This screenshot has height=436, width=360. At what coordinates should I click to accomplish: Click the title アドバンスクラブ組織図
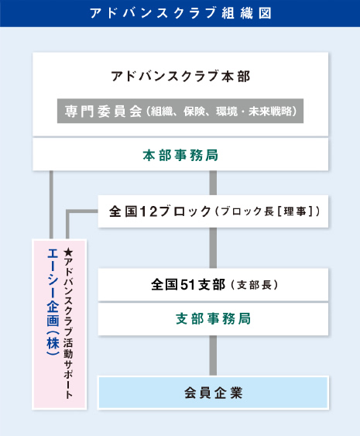(x=180, y=13)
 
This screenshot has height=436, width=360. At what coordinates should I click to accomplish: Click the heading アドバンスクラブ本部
(x=180, y=76)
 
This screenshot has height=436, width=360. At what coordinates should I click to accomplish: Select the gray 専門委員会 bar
(x=180, y=111)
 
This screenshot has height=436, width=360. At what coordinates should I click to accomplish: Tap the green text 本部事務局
(x=180, y=155)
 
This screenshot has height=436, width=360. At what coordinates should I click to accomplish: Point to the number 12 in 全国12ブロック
(x=149, y=211)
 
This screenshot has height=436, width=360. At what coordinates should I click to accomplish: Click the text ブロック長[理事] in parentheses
(x=267, y=211)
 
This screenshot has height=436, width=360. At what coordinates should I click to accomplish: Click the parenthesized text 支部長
(x=255, y=285)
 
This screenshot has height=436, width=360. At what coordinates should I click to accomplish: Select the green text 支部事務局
(x=213, y=318)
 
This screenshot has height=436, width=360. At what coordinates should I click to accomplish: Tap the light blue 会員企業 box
(x=213, y=393)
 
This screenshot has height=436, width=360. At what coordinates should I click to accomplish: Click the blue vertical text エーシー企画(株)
(x=53, y=302)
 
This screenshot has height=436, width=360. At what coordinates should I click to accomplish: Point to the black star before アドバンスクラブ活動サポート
(x=68, y=252)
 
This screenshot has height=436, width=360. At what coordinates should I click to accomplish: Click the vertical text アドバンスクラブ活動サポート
(x=68, y=328)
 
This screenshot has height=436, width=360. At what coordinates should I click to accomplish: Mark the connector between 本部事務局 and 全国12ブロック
(x=213, y=183)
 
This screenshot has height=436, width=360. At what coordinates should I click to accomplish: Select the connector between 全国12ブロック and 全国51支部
(x=213, y=248)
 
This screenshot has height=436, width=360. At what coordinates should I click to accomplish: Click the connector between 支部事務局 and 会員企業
(x=213, y=355)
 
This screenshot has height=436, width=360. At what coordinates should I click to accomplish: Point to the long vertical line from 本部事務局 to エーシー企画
(x=51, y=205)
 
